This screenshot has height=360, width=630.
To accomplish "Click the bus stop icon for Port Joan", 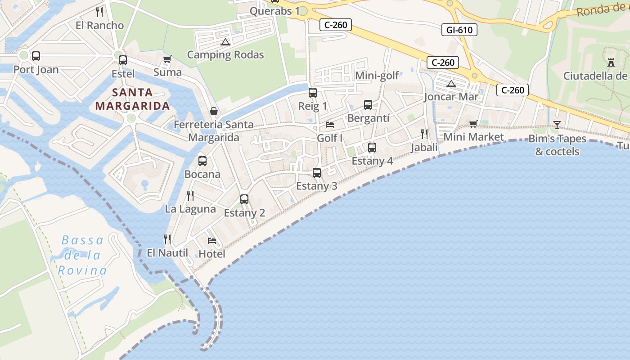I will point(36,56).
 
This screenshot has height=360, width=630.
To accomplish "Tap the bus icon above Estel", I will point(123,60).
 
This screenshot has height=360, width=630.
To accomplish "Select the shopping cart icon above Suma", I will point(167,59).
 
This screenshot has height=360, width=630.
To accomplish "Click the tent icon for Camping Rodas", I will point(225,42).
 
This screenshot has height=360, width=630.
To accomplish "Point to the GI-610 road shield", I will point(459,30).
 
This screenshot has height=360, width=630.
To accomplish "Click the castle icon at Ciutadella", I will point(611,62).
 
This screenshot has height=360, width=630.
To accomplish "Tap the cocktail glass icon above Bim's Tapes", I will point(557,125).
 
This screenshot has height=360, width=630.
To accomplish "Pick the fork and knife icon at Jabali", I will point(424,134).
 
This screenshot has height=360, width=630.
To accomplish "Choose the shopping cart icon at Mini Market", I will point(473,124).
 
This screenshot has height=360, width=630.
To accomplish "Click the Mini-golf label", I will point(377,76).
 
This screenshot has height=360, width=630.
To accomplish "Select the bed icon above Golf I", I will point(330,125).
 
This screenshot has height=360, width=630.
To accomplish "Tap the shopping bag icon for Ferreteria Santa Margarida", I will point(214,111).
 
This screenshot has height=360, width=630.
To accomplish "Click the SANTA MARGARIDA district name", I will point(133,99).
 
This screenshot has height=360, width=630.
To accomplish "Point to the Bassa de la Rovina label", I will point(82,255).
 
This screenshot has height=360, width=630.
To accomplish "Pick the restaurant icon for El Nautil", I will point(167,239).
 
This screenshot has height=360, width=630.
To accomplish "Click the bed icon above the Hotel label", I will point(212,241).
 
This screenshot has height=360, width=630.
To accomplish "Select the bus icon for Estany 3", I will point(317,172).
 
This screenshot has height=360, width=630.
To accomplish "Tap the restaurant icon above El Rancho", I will point(100,12).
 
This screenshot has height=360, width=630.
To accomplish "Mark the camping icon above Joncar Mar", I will point(451,84).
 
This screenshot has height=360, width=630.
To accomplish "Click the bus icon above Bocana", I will point(202,161).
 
